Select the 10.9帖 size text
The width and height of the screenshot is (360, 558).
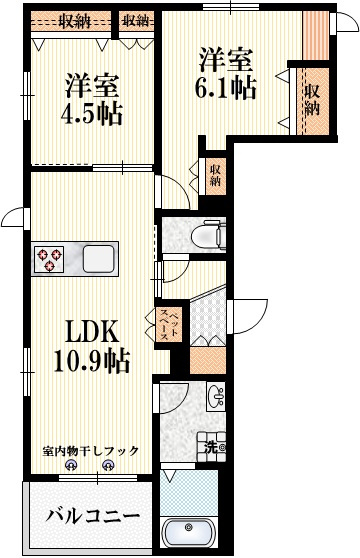pos(91,360)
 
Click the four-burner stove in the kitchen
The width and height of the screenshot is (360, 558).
pos(50,260)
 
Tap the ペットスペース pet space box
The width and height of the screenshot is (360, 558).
pos(168,328)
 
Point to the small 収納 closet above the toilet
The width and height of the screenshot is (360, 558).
pos(214,178)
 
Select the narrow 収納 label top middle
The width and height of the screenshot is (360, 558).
pos(135,20)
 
